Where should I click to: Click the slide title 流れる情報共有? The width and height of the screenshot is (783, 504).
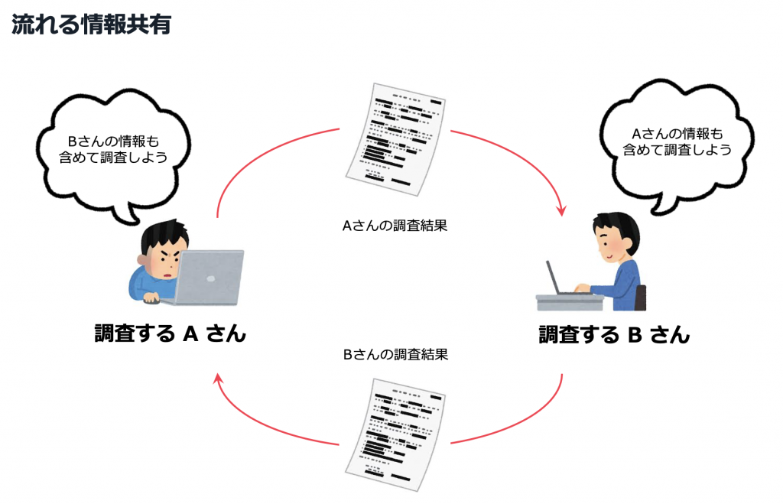(x=91, y=24)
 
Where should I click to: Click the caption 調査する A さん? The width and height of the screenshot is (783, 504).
(x=170, y=333)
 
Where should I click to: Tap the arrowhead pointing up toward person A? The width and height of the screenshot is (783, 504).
(x=219, y=379)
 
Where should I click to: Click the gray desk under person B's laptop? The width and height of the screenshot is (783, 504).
(x=570, y=302)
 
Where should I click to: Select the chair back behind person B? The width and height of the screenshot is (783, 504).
(x=641, y=297)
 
